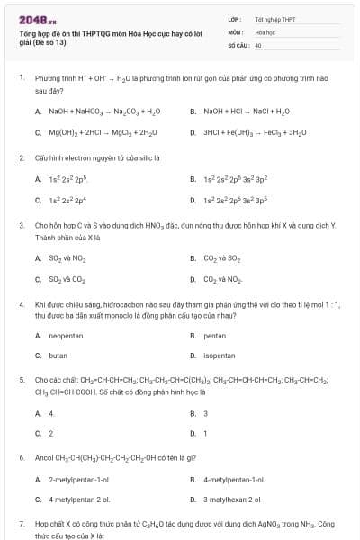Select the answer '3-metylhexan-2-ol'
(231, 499)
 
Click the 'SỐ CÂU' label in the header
(237, 44)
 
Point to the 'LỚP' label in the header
(233, 18)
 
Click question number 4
(22, 305)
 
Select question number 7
(22, 523)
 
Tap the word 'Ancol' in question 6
(43, 458)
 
